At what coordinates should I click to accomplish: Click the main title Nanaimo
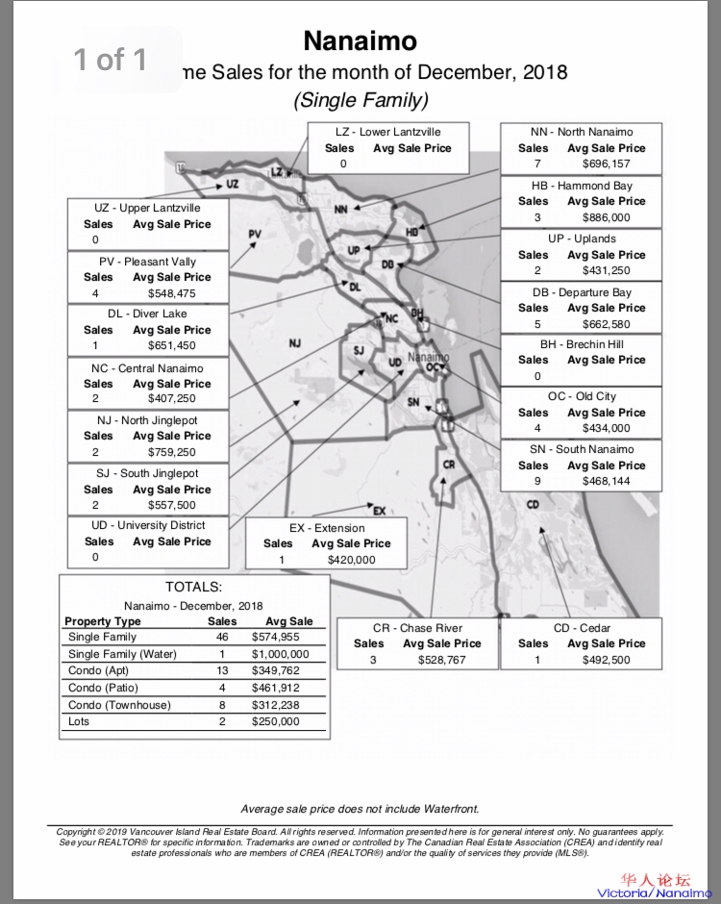pos(360,40)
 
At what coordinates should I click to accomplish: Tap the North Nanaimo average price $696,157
pos(606,164)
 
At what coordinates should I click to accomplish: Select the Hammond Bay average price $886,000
pos(606,217)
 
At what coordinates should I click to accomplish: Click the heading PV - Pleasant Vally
pos(147,261)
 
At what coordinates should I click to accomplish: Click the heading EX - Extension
pos(327,528)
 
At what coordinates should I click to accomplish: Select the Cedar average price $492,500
pos(606,660)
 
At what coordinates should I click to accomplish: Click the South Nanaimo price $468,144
pos(606,481)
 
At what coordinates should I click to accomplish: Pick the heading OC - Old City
pos(582,396)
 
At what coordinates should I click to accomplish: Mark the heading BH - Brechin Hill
pos(582,343)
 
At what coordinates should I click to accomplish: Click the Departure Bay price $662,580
pos(606,324)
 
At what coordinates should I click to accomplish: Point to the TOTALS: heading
pos(193,587)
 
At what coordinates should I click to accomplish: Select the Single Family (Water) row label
pos(122,654)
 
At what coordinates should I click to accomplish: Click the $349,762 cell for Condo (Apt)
pos(275,670)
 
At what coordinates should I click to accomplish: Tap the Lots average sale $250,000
pos(275,721)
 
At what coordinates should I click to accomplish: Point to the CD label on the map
pos(533,505)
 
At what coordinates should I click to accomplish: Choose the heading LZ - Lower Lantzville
pos(388,132)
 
